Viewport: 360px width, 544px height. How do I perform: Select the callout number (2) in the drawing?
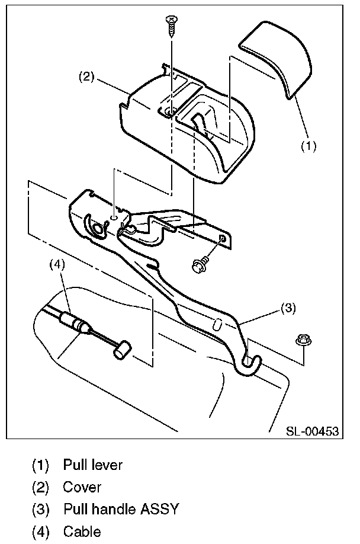[87, 76]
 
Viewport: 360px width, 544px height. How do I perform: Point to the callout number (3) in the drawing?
[287, 308]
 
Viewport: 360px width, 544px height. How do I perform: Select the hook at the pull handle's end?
[250, 365]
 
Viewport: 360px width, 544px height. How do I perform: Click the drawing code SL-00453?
[313, 431]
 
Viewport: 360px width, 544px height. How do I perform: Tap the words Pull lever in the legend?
[92, 465]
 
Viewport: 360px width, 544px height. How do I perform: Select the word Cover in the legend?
[82, 488]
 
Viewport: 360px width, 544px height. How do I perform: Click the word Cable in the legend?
[82, 532]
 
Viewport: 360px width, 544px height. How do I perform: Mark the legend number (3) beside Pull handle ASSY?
[41, 510]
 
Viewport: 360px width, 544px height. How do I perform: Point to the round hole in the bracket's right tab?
[222, 238]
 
